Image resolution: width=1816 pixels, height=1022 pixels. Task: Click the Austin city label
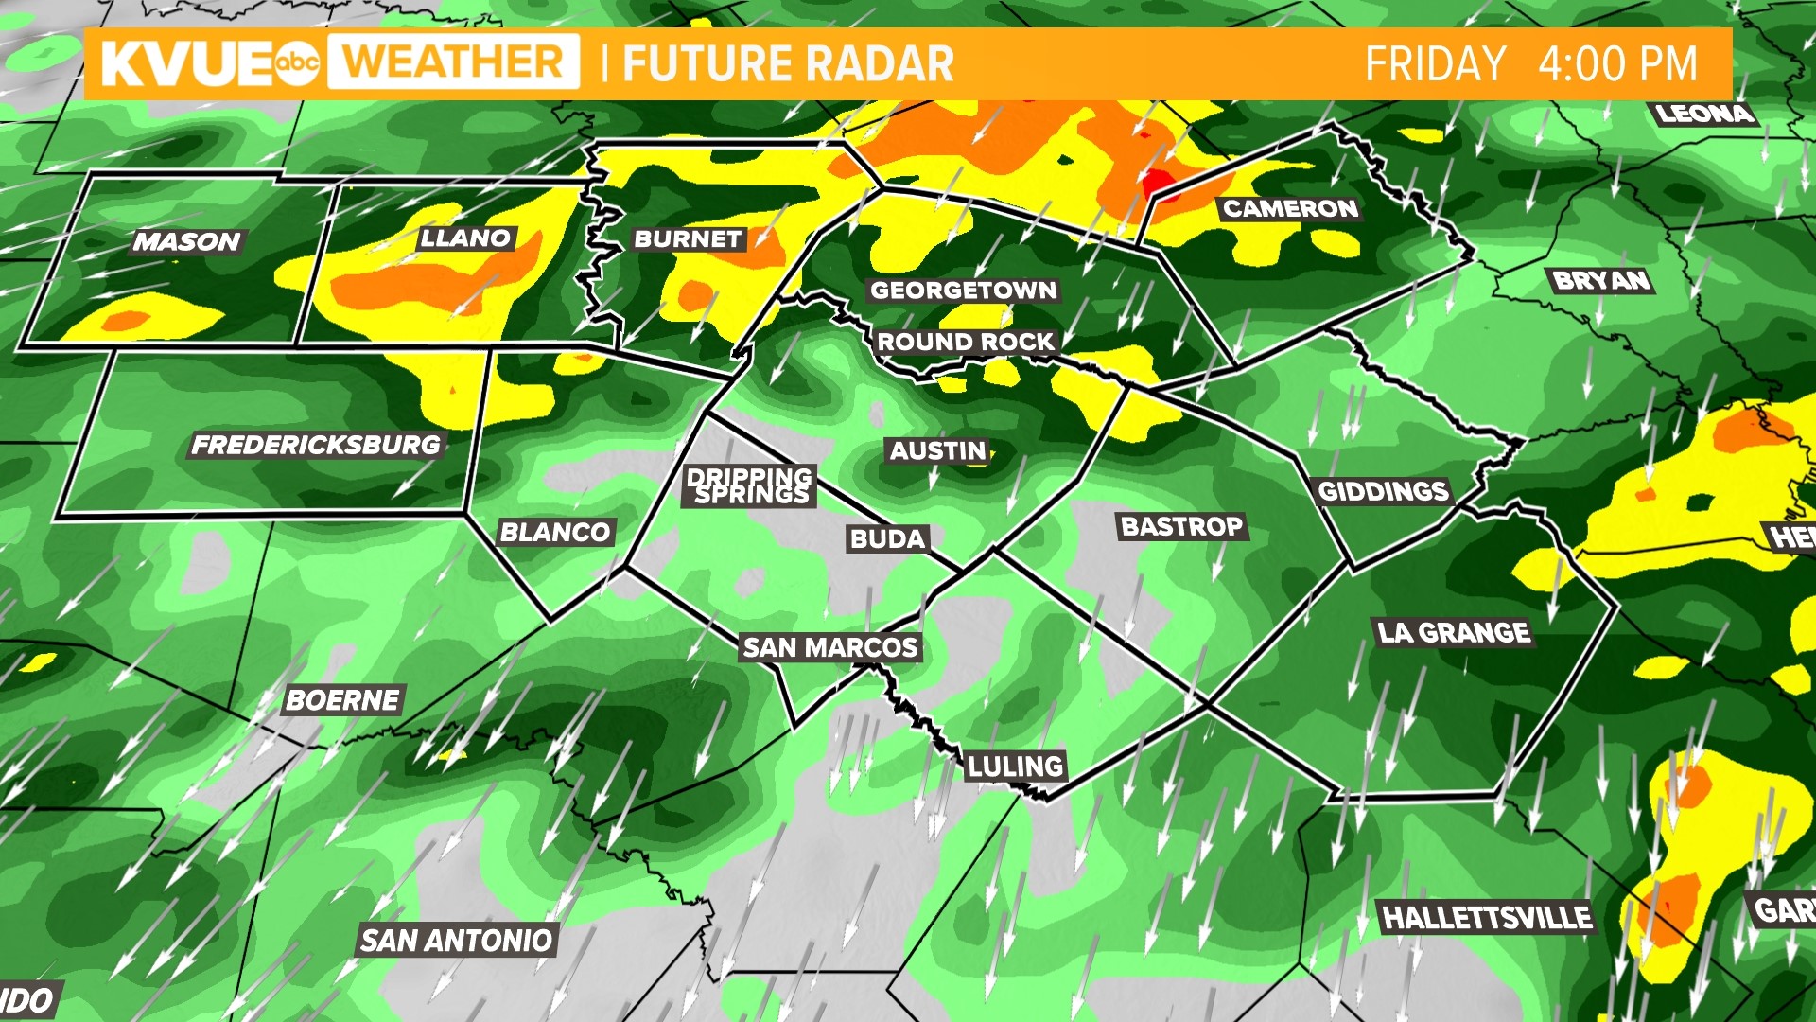coord(938,451)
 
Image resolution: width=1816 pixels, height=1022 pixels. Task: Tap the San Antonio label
coord(456,940)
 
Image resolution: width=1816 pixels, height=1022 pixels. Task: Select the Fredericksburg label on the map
coord(316,445)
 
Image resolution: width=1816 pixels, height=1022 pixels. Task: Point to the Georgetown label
coord(963,291)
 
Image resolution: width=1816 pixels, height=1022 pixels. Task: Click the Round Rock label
coord(965,342)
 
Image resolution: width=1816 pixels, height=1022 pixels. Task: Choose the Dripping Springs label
coord(750,485)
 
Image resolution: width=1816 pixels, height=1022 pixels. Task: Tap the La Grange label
coord(1453,632)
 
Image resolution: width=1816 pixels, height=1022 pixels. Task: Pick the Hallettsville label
coord(1487,917)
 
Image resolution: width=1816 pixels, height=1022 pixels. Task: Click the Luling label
coord(1015,766)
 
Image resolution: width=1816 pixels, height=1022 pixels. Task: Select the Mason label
coord(187,242)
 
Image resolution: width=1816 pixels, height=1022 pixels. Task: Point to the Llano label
coord(465,238)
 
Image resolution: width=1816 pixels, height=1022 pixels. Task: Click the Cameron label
coord(1290,208)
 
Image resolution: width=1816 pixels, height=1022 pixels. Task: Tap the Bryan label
coord(1601,280)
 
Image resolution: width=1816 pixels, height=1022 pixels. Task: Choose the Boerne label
coord(342,700)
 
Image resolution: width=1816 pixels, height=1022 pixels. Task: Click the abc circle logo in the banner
coord(297,63)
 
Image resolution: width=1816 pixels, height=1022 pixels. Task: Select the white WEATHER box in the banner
coord(454,62)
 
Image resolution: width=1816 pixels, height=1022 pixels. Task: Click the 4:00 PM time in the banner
coord(1617,64)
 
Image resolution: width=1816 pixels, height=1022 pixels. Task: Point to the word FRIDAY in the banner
coord(1435,64)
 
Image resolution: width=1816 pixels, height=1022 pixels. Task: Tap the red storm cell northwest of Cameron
coord(1158,183)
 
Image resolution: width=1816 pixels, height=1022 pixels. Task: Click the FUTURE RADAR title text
coord(788,64)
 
